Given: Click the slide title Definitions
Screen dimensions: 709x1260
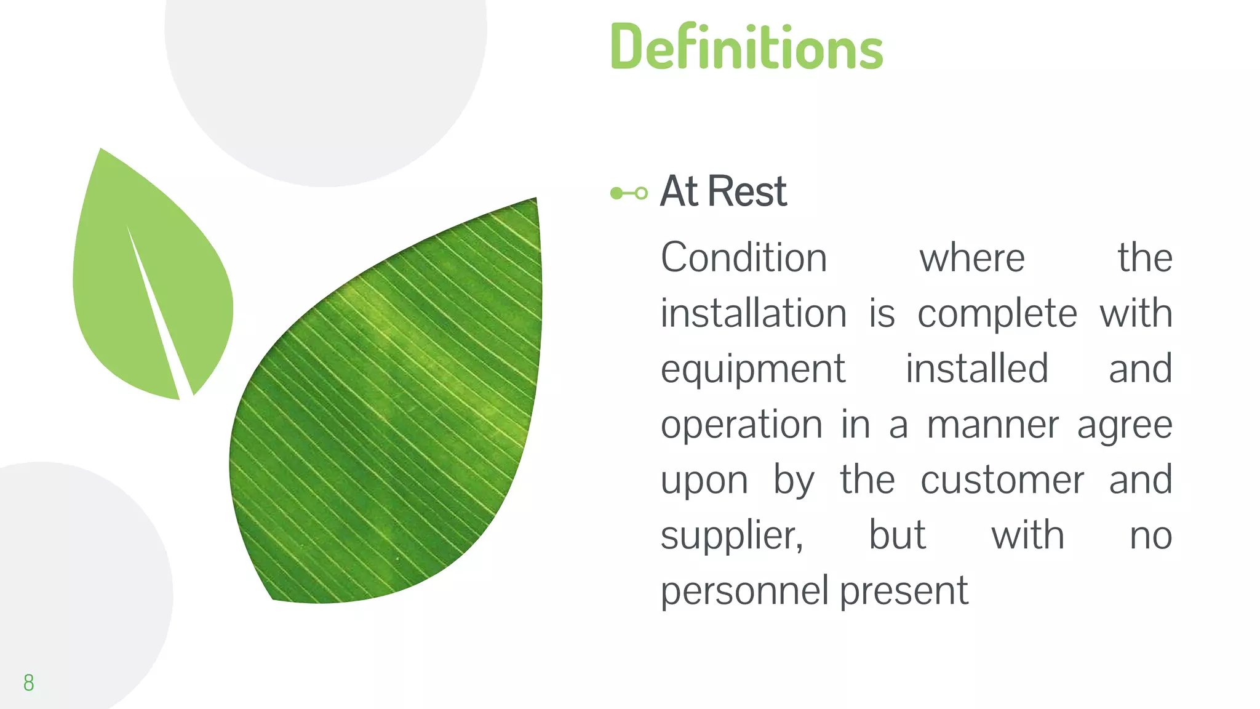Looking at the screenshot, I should [746, 47].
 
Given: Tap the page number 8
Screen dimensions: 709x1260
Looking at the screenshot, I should [28, 683].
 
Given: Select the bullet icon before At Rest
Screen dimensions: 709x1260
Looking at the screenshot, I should [628, 193].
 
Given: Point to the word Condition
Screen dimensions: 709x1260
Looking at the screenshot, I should [743, 257].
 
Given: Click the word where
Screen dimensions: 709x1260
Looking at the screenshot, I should [971, 258].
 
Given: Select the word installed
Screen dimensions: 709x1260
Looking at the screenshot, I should [976, 369].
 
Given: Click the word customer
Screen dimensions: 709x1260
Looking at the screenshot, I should [1002, 481].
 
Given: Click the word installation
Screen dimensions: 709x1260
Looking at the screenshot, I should [753, 313].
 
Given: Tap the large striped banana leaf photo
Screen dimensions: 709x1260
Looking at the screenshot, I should [394, 419].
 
